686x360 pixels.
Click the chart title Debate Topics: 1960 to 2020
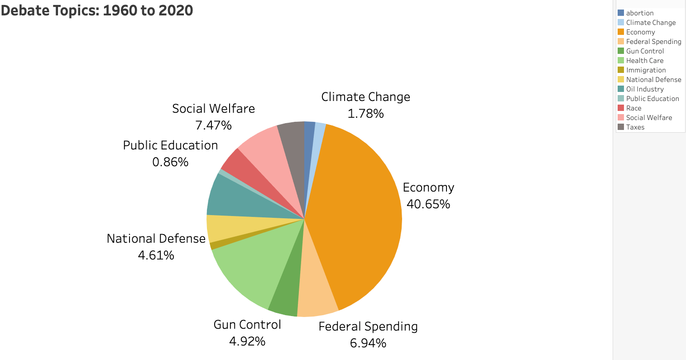[97, 10]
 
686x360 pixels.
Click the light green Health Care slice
[254, 263]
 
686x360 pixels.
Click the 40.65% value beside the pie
[428, 204]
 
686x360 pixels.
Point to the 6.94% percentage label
[368, 343]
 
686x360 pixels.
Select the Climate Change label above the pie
[366, 97]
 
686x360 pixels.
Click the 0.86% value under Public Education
[170, 162]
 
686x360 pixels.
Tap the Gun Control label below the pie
[247, 325]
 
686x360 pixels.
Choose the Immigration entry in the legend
[646, 70]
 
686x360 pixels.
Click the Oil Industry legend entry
[645, 89]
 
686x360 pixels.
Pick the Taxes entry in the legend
[635, 127]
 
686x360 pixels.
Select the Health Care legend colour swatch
[621, 61]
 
